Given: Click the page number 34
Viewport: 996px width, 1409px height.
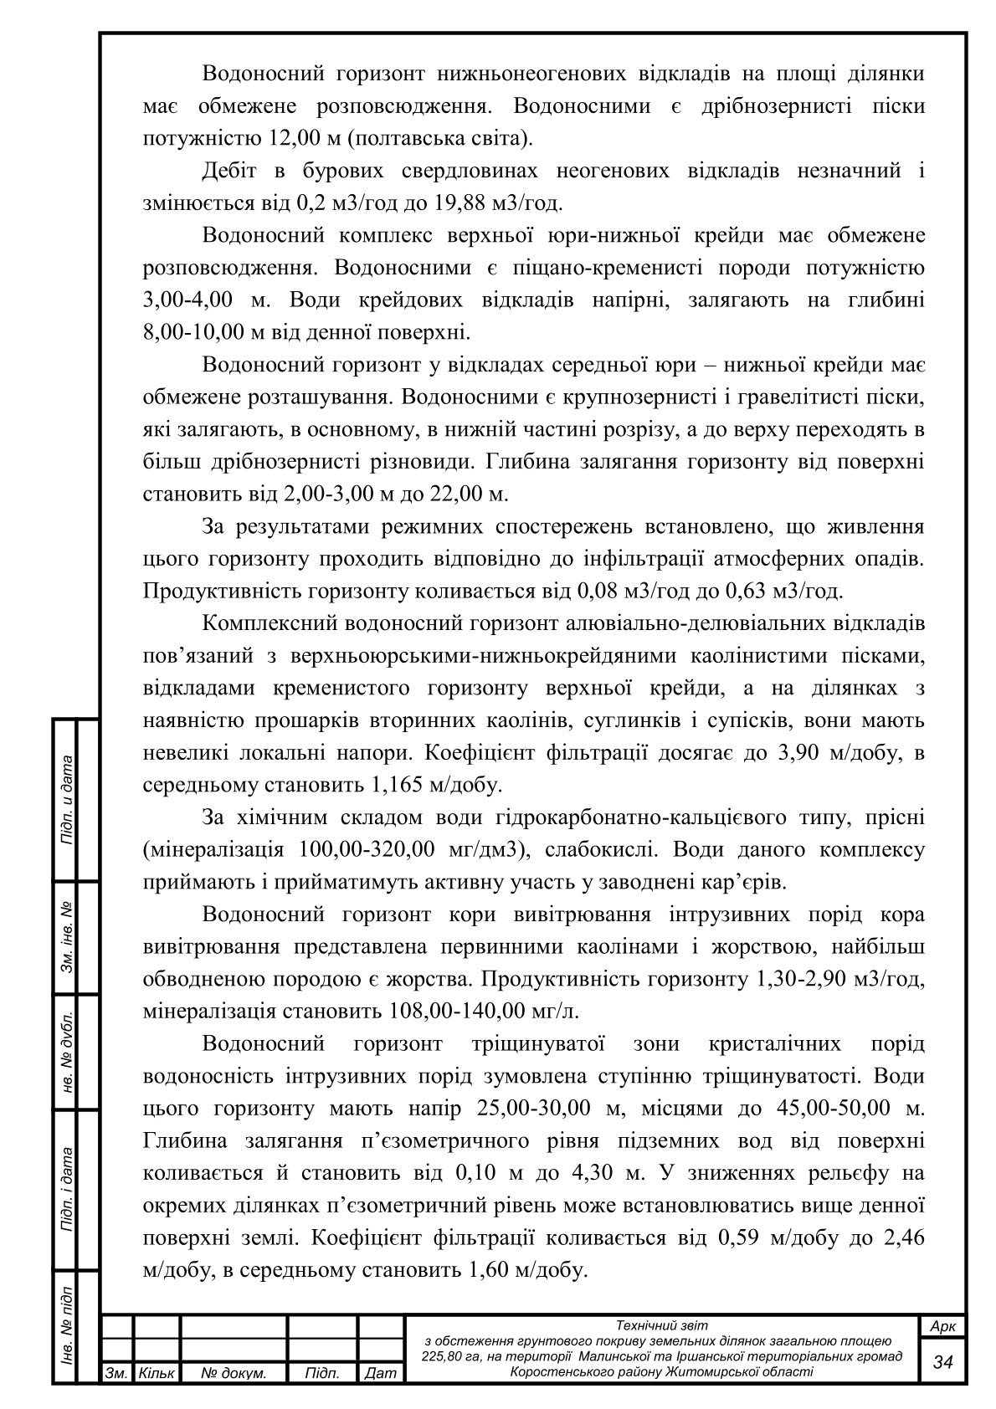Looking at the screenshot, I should (943, 1361).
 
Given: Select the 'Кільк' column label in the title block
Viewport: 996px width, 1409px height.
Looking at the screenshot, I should (156, 1374).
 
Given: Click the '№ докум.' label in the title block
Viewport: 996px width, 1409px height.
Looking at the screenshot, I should (234, 1374).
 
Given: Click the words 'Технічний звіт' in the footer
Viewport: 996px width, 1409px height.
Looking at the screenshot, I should (661, 1325).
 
